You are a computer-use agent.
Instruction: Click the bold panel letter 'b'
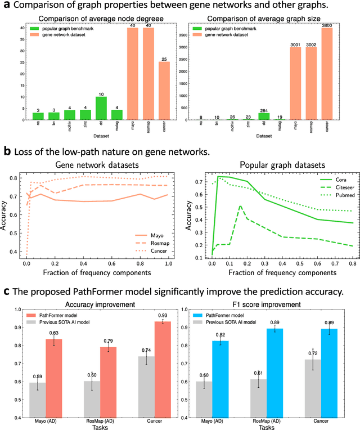coord(7,151)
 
